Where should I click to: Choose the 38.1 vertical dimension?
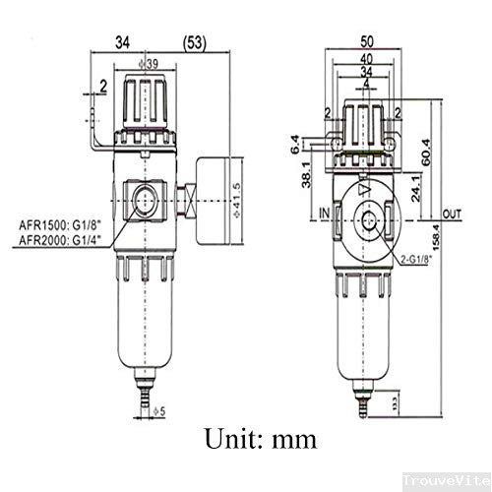click(307, 174)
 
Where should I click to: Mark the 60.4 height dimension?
click(426, 148)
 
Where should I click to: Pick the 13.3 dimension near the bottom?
click(396, 400)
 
